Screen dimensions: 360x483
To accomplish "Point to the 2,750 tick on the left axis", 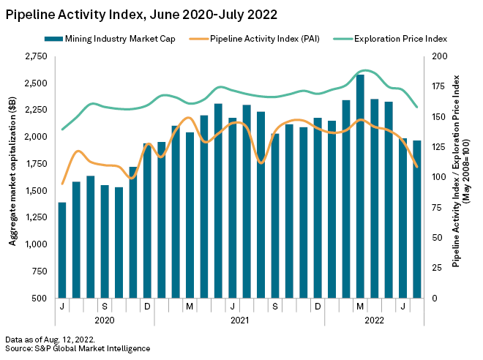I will pyautogui.click(x=35, y=56).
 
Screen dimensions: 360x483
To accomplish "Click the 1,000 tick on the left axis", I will pyautogui.click(x=35, y=245).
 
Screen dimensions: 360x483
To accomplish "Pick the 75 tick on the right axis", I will pyautogui.click(x=437, y=208).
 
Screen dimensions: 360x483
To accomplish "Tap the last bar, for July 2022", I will pyautogui.click(x=417, y=220).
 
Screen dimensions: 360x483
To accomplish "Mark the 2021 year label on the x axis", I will pyautogui.click(x=239, y=320).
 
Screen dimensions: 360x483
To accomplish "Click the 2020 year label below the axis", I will pyautogui.click(x=105, y=320).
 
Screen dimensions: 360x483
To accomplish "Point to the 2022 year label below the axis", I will pyautogui.click(x=374, y=320).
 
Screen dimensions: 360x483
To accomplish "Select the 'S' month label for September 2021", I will pyautogui.click(x=274, y=306).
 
